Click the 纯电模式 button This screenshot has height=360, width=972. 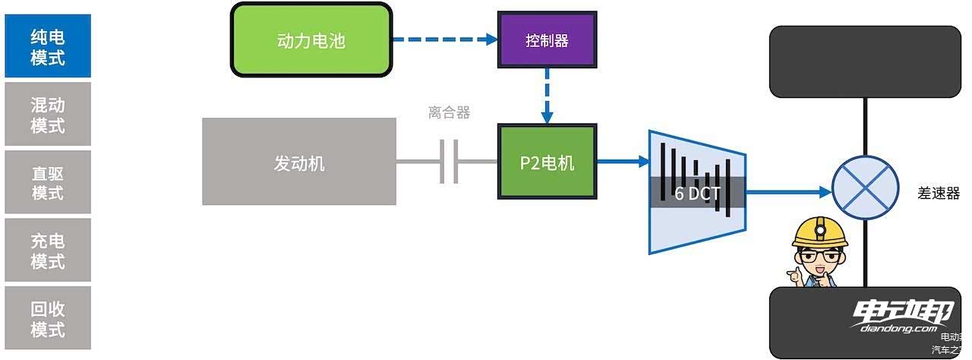tap(48, 46)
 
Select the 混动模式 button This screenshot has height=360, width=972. tap(48, 114)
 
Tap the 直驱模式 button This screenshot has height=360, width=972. tap(48, 182)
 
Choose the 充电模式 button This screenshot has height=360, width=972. tap(48, 251)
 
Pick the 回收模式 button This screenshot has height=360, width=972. tap(48, 318)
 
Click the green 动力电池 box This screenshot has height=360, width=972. tap(311, 39)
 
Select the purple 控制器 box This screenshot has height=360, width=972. tap(547, 40)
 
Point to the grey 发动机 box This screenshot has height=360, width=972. tap(299, 162)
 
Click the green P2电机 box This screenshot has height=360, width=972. tap(547, 162)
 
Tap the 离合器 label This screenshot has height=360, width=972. tap(449, 113)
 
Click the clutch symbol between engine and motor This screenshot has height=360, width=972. tap(449, 161)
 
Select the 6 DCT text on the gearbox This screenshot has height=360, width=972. tap(697, 193)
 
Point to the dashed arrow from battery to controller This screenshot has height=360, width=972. tap(445, 39)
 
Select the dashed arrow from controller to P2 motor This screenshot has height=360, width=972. tap(547, 96)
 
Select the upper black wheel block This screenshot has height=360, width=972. tap(865, 62)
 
